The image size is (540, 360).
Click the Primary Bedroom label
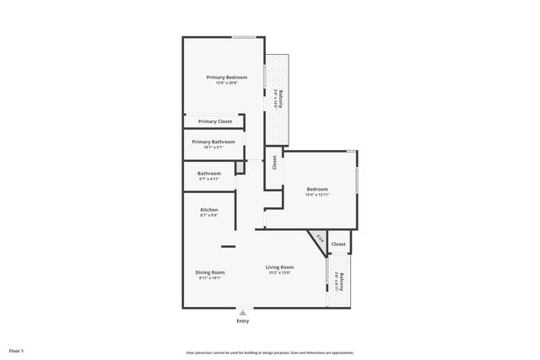tap(226, 77)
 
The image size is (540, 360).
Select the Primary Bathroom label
tap(213, 142)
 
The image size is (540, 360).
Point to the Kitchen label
tap(208, 210)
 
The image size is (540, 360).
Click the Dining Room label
tap(209, 272)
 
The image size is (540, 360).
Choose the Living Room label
tap(279, 267)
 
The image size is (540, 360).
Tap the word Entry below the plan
tap(243, 320)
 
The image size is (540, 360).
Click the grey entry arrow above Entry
tap(243, 312)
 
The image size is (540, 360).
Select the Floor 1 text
tap(17, 351)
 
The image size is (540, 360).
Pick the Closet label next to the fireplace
tap(337, 244)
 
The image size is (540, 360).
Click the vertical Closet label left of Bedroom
tap(274, 162)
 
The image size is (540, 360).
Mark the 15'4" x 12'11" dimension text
tap(317, 195)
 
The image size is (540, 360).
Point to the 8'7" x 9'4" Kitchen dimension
tap(208, 216)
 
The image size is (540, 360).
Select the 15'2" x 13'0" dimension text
tap(279, 273)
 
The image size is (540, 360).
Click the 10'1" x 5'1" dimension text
tap(213, 148)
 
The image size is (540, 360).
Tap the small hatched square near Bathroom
tap(239, 168)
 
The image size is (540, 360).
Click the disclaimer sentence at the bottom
tap(269, 352)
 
